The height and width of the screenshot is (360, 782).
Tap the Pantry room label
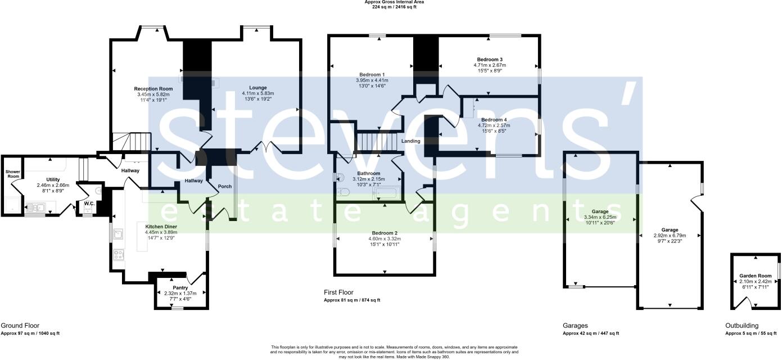pyautogui.click(x=180, y=287)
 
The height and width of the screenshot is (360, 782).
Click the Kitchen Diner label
pyautogui.click(x=161, y=226)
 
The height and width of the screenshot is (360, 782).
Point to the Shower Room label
pyautogui.click(x=12, y=174)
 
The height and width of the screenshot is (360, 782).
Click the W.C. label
pyautogui.click(x=89, y=203)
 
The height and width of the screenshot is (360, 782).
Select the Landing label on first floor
pyautogui.click(x=411, y=141)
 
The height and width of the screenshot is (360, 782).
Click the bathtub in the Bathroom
pyautogui.click(x=385, y=195)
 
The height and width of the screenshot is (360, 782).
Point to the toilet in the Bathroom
pyautogui.click(x=342, y=192)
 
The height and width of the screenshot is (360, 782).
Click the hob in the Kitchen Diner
pyautogui.click(x=119, y=255)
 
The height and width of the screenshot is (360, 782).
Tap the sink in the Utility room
pyautogui.click(x=36, y=208)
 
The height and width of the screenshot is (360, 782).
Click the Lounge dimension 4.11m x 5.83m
pyautogui.click(x=257, y=93)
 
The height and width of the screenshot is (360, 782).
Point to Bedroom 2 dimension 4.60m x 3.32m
pyautogui.click(x=385, y=239)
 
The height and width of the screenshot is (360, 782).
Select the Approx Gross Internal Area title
pyautogui.click(x=394, y=2)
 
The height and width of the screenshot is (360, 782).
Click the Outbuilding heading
pyautogui.click(x=742, y=326)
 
